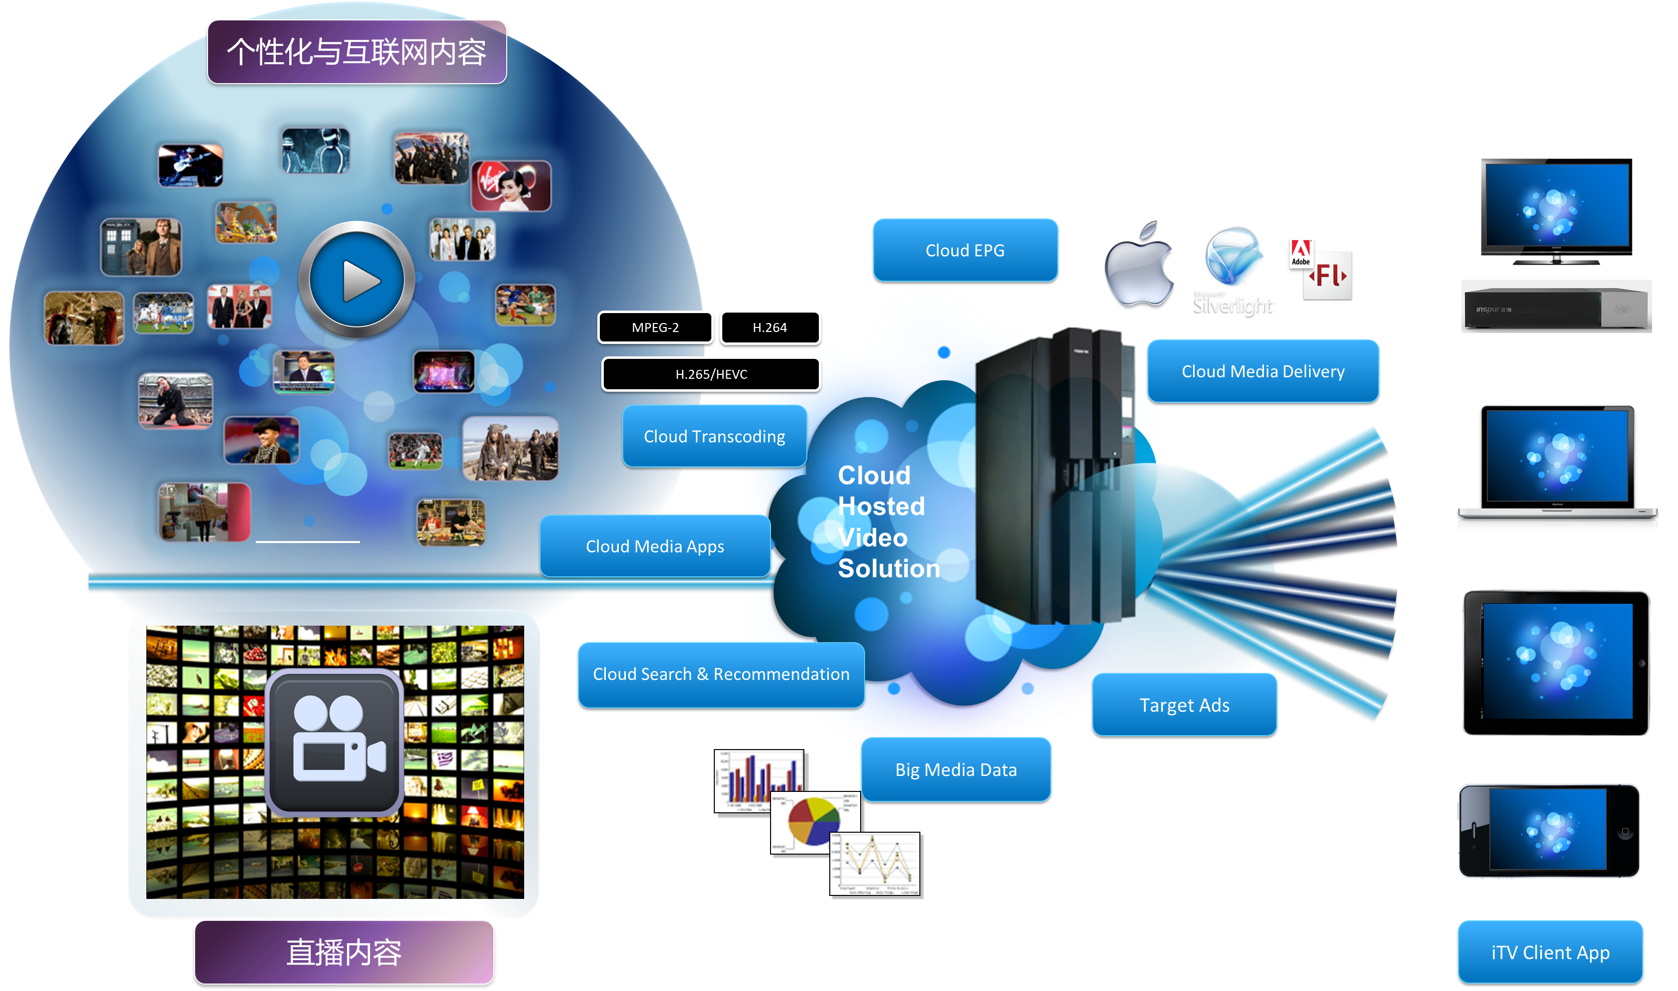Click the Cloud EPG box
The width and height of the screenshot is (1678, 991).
[x=965, y=250]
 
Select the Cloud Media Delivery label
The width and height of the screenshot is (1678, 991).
[x=1263, y=371]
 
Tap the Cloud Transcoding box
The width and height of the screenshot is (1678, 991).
[x=714, y=436]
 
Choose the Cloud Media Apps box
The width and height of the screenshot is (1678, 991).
[x=655, y=546]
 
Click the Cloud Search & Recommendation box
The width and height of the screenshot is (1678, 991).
[x=721, y=674]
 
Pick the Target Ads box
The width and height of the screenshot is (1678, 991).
[x=1184, y=705]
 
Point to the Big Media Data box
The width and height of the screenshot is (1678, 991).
[x=956, y=770]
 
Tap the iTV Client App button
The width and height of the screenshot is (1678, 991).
[x=1550, y=952]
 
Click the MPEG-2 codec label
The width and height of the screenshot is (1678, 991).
[x=655, y=327]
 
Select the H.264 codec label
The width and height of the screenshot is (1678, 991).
[x=770, y=327]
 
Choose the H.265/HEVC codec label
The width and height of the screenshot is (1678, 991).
[x=711, y=374]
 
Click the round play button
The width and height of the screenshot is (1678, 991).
[x=357, y=280]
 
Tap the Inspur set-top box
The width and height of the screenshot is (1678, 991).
[x=1556, y=307]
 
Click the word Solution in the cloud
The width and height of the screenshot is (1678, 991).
[x=889, y=569]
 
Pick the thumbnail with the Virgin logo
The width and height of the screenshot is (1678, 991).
[x=511, y=186]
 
